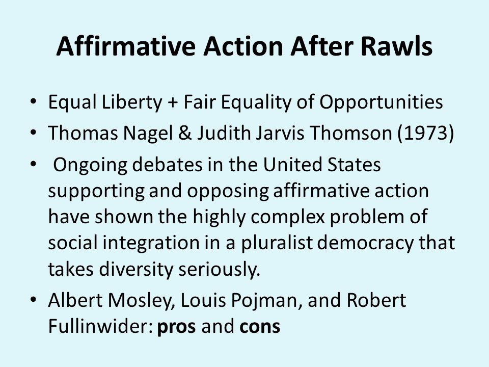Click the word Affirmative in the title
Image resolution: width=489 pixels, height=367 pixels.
point(126,46)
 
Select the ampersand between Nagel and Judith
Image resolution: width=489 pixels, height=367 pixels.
point(185,133)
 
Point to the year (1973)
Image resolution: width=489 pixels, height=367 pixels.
point(426,133)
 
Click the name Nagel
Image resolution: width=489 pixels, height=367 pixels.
point(148,133)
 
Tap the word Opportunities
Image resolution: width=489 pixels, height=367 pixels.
point(381,102)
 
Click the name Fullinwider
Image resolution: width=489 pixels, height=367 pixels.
point(100,326)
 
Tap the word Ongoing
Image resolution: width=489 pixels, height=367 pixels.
point(90,165)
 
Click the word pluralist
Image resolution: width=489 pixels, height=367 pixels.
point(277,243)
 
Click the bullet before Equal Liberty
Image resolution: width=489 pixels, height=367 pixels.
point(34,102)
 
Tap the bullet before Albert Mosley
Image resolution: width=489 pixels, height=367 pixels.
point(34,300)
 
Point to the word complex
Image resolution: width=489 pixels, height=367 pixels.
point(288,217)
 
